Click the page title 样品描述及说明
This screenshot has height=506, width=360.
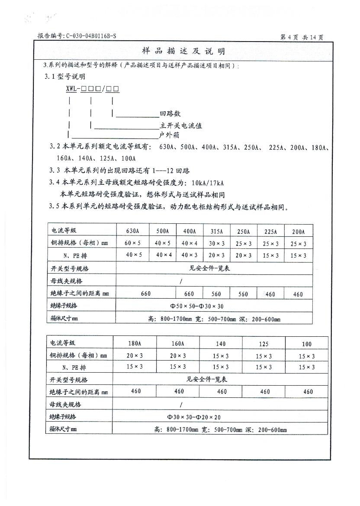[x=183, y=52]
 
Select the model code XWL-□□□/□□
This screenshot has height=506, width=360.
[x=92, y=89]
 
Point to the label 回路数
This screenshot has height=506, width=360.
[x=170, y=114]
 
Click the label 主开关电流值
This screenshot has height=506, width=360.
[x=181, y=126]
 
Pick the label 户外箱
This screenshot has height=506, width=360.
[x=169, y=135]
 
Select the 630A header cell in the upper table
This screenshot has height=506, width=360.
[x=132, y=231]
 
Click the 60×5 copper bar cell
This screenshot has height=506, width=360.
[x=132, y=243]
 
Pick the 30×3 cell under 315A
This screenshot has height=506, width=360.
[x=216, y=243]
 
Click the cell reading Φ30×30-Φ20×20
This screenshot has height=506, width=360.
[x=195, y=417]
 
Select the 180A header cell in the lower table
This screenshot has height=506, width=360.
[x=134, y=344]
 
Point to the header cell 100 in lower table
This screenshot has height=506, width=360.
[x=306, y=344]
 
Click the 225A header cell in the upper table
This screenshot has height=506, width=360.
[x=271, y=231]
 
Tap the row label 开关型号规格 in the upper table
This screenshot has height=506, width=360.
[x=70, y=269]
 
